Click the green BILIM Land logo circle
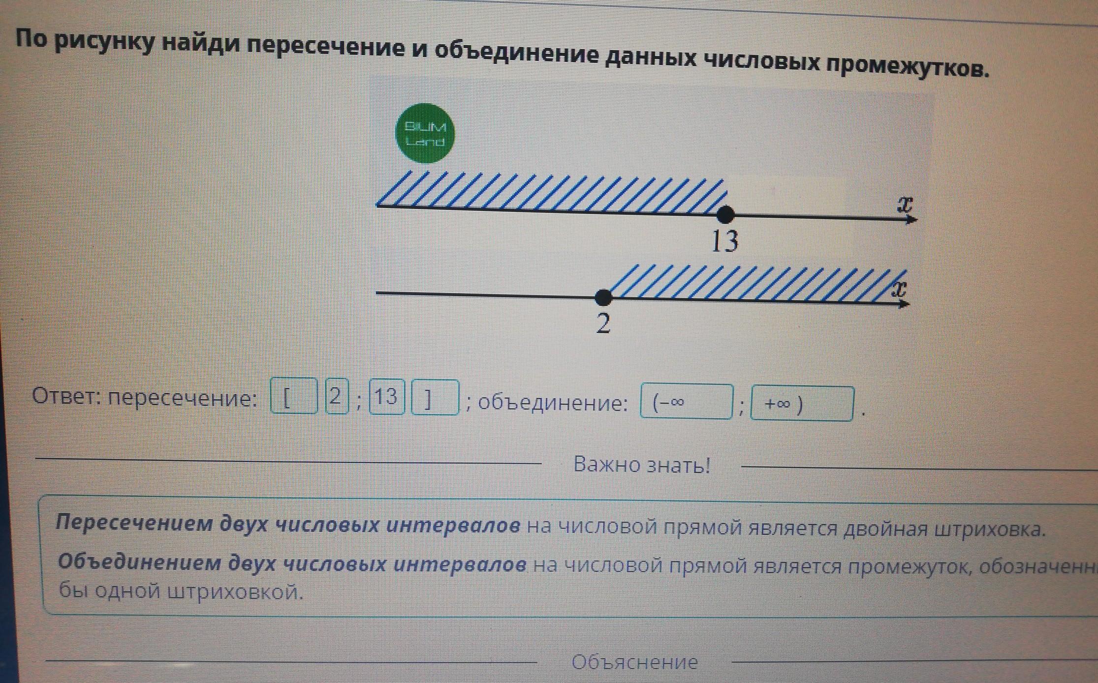[x=425, y=133]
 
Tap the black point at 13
[x=724, y=214]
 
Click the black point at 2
[x=603, y=297]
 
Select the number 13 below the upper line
[x=725, y=241]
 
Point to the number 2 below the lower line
[x=603, y=324]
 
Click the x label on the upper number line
[x=905, y=204]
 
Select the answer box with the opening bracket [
[x=294, y=396]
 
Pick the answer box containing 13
[x=387, y=397]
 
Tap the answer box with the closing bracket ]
[x=435, y=398]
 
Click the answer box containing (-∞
[x=686, y=402]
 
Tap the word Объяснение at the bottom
[x=634, y=662]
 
